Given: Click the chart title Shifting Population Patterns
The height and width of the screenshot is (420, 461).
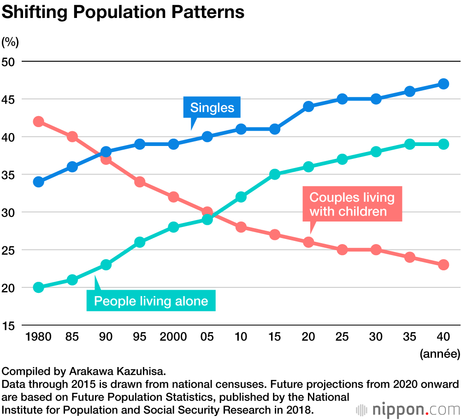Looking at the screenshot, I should point(123,12).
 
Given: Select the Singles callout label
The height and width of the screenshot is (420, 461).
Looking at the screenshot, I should point(212,108).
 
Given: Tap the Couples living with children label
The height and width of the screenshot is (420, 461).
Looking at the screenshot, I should point(352,204).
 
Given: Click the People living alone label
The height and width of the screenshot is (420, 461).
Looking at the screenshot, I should point(151,302).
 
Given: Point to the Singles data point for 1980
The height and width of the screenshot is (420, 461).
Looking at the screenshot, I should point(39,181).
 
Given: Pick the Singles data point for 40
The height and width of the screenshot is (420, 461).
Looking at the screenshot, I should point(443,84).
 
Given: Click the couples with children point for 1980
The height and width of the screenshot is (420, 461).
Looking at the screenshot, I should point(39,122).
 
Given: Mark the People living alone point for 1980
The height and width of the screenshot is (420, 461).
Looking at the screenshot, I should point(39,287).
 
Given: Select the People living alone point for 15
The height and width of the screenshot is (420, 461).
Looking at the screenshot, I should point(275,174).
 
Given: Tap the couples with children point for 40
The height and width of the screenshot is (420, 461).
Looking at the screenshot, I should point(443,265).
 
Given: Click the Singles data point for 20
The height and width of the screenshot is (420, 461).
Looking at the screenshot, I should point(308,106).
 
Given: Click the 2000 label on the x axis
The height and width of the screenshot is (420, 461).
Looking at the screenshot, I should point(173,337).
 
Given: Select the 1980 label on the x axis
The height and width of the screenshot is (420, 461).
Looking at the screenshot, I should point(39,337).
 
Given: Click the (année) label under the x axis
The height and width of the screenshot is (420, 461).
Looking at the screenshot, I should point(440,354).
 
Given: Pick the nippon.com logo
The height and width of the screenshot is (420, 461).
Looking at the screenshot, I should point(408,409).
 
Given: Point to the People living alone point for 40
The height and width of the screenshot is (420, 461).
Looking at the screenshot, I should point(443,144).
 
